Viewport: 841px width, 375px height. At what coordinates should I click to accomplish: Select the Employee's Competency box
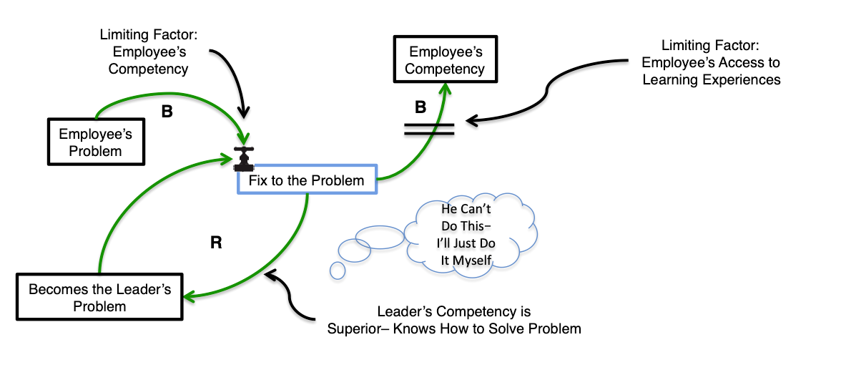pos(446,60)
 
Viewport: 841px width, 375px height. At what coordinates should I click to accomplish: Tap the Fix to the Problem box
pos(306,181)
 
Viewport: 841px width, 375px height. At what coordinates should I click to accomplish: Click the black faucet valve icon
pos(244,158)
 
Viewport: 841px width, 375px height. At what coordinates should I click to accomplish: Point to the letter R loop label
pos(215,243)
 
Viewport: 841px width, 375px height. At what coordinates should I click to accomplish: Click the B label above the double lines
pos(420,107)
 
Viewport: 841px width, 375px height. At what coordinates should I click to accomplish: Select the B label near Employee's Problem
pos(167,113)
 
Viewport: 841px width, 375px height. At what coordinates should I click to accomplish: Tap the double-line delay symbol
pos(428,129)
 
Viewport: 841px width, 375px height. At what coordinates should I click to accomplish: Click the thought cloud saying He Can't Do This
pos(468,234)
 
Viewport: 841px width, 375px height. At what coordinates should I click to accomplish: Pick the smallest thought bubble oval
pos(338,270)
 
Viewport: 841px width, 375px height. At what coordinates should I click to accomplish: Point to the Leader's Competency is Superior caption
pos(454,321)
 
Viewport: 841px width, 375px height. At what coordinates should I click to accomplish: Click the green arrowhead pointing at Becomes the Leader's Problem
pos(187,296)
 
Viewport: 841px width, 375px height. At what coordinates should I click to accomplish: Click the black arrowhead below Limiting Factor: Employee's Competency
pos(245,115)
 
